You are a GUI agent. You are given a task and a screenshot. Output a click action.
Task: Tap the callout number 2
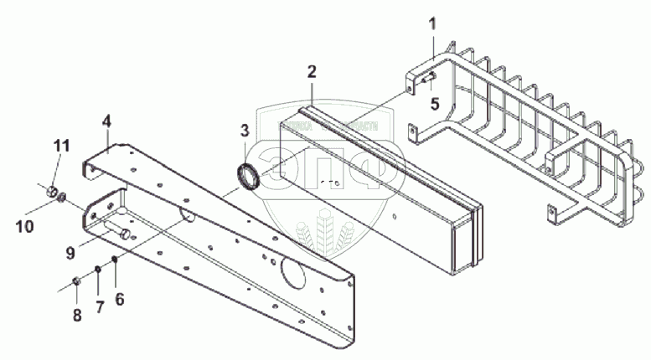click(x=311, y=70)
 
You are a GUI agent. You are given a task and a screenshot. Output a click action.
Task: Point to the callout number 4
click(x=106, y=121)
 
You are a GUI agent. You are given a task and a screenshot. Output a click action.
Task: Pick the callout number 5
click(x=435, y=104)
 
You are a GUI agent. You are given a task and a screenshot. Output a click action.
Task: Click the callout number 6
click(x=119, y=297)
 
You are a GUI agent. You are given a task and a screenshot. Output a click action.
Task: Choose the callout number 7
click(x=99, y=306)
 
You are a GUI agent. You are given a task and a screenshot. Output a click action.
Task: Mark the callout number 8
click(x=77, y=316)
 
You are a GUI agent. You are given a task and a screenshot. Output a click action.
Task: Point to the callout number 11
click(x=59, y=147)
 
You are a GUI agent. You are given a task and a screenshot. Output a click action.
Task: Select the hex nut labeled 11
click(x=53, y=192)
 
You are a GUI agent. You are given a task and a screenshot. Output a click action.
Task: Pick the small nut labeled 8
click(x=76, y=280)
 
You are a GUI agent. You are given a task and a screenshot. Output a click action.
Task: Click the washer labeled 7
click(x=97, y=269)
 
